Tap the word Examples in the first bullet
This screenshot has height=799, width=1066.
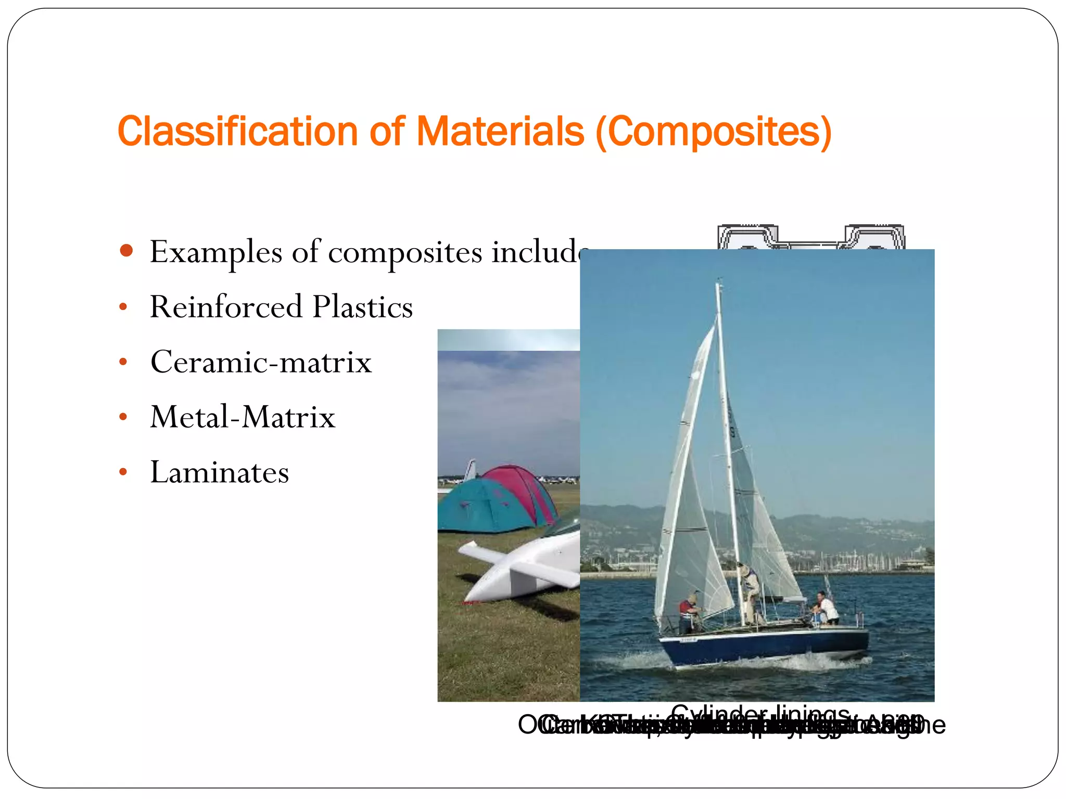point(215,253)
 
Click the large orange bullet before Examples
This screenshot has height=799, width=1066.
point(126,251)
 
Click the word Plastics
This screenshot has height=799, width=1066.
point(362,307)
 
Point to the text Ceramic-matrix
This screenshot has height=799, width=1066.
point(261,362)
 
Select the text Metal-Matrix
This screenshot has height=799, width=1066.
point(243,417)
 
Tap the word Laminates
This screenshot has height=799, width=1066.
point(219,472)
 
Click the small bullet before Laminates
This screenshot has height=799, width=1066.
point(123,472)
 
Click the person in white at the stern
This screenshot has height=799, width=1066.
point(828,606)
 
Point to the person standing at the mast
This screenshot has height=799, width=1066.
point(750,593)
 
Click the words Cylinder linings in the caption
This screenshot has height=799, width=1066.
point(760,714)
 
